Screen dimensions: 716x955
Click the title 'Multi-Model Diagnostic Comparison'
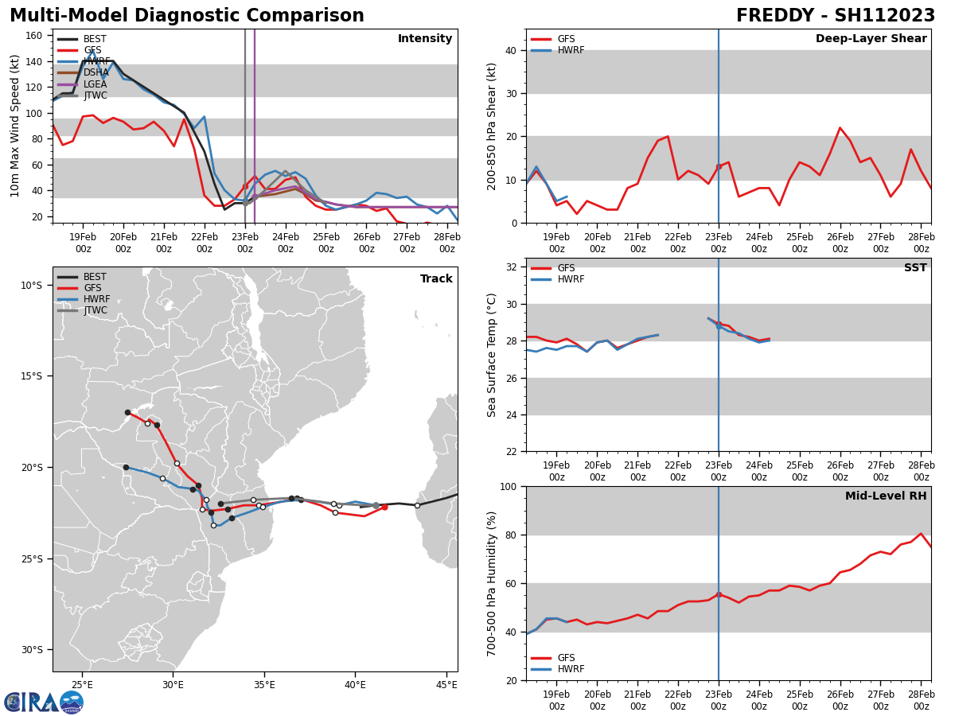point(187,16)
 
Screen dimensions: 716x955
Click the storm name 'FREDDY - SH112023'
point(835,16)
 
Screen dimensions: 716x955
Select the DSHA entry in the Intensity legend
point(95,72)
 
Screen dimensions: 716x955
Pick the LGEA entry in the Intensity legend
point(95,84)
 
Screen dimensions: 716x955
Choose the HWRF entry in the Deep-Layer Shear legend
point(570,50)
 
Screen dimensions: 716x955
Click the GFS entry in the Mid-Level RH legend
point(565,658)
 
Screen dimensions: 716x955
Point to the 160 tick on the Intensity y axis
point(37,36)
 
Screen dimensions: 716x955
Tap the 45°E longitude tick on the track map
point(446,684)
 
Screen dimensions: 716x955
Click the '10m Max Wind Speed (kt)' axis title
point(15,126)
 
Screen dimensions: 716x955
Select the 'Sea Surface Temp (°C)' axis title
point(492,355)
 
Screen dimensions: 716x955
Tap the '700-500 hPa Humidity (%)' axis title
point(492,583)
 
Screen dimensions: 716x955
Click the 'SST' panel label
point(914,268)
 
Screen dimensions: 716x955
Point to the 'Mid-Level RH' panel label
point(886,496)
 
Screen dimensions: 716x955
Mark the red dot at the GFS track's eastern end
point(384,507)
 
